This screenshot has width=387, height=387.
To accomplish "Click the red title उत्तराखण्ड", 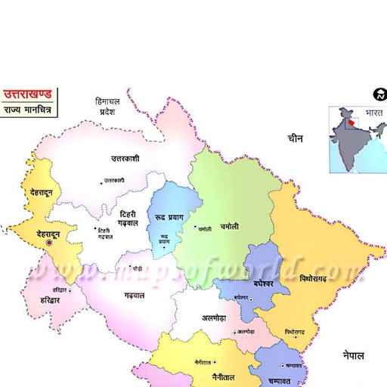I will (x=27, y=95).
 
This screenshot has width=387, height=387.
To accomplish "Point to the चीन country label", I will (x=296, y=138).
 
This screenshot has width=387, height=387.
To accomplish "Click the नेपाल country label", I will (x=352, y=354).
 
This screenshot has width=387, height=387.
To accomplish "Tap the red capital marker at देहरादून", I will (x=49, y=243).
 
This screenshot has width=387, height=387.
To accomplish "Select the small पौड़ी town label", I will (x=137, y=268).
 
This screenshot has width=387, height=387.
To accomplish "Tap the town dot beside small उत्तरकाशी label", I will (x=101, y=181).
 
